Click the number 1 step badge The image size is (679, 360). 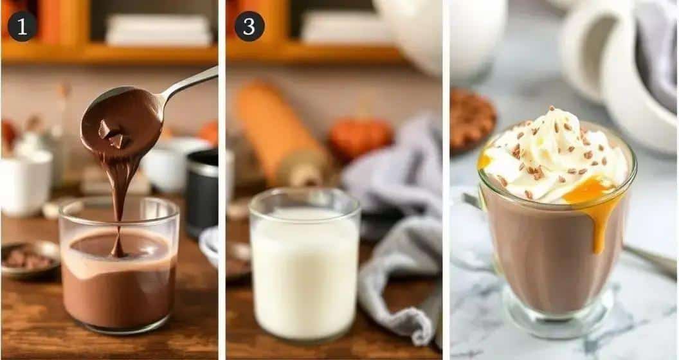[22, 26]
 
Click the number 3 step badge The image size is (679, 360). [249, 26]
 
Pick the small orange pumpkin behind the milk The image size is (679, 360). [360, 138]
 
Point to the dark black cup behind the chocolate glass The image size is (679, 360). [203, 193]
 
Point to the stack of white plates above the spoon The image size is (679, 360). [158, 30]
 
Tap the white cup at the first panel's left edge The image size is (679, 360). [25, 181]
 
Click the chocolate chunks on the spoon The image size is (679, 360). [111, 134]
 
